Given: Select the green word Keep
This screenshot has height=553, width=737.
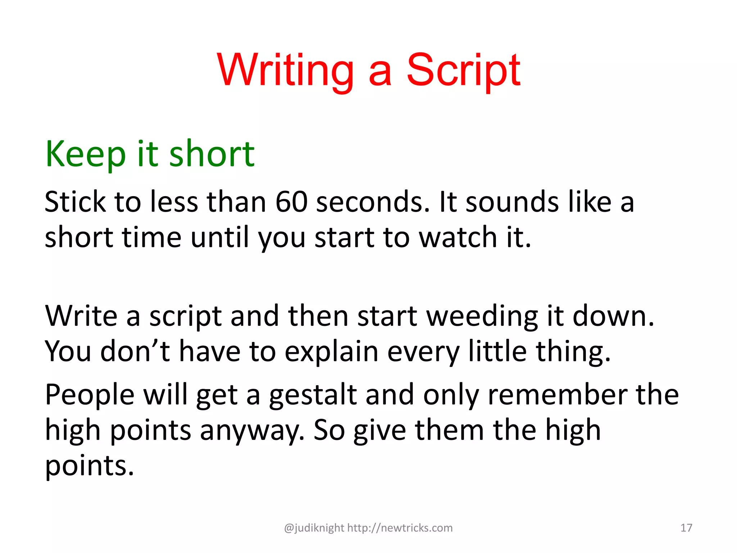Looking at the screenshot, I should pos(85,154).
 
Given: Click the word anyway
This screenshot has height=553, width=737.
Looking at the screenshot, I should pos(252,431).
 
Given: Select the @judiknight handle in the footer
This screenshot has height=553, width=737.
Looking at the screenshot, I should pos(314,528).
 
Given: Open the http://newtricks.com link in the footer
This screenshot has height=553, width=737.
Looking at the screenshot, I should pos(400,528).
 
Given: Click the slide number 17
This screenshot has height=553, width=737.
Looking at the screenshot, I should pos(686,528).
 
